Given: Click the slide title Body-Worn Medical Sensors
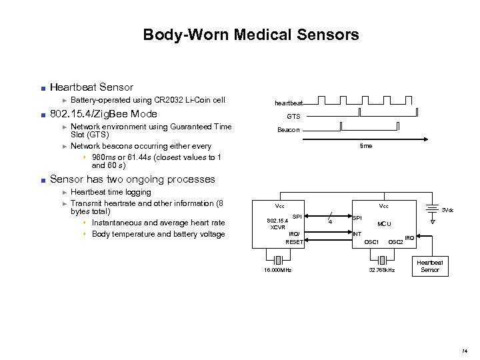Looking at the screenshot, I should coord(251,34).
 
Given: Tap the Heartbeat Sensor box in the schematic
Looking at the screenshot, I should coord(430,267).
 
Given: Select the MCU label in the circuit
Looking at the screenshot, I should coord(384,224).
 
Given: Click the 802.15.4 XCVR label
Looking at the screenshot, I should coord(278,223).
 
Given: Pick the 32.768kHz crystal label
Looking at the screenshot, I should coord(383,270).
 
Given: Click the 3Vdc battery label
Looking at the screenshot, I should coord(447,210).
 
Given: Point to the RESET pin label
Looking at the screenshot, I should coord(294,242).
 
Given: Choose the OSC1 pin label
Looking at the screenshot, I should coord(372,241).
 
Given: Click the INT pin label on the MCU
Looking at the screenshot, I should coord(357,234).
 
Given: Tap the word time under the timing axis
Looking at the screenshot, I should coord(366,145).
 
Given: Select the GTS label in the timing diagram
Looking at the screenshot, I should coord(293,116).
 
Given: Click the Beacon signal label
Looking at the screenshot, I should coord(289,130).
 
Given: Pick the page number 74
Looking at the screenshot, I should coord(463,349).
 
